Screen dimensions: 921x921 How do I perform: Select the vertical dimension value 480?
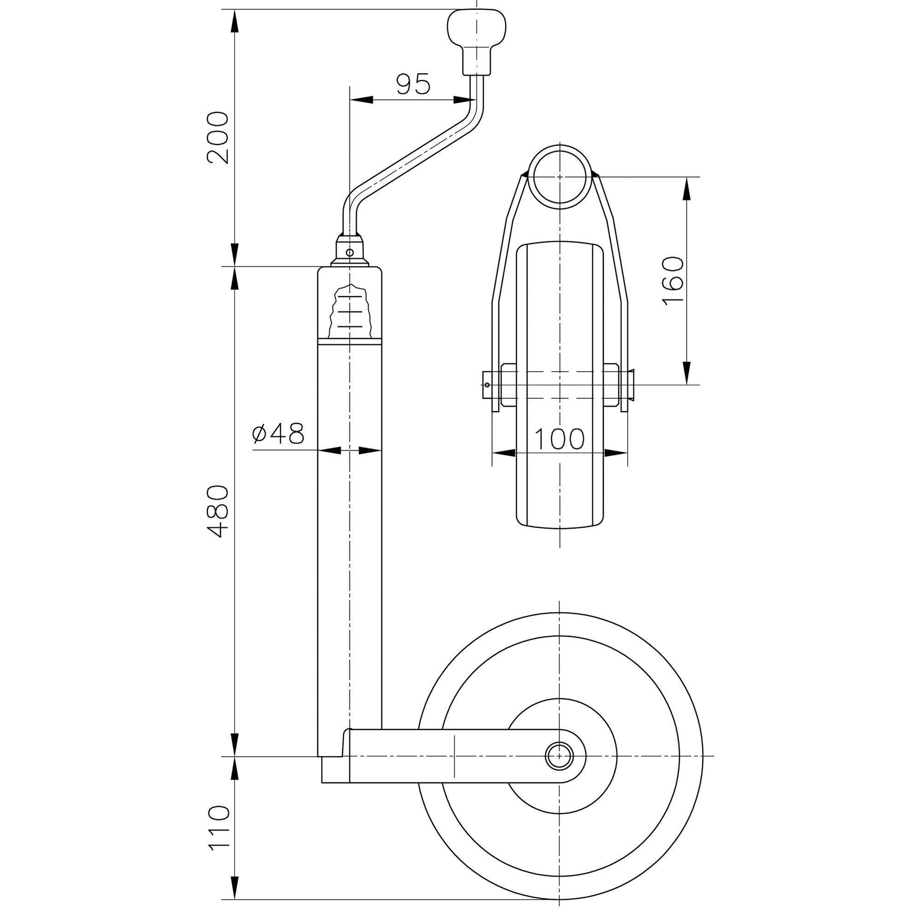217,512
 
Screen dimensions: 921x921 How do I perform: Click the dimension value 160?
673,281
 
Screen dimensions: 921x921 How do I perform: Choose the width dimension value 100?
559,439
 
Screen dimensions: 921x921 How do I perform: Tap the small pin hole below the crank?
350,253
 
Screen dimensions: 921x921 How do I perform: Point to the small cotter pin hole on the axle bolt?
487,385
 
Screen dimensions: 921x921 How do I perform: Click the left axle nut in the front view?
509,385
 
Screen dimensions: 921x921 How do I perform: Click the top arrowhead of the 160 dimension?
687,188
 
